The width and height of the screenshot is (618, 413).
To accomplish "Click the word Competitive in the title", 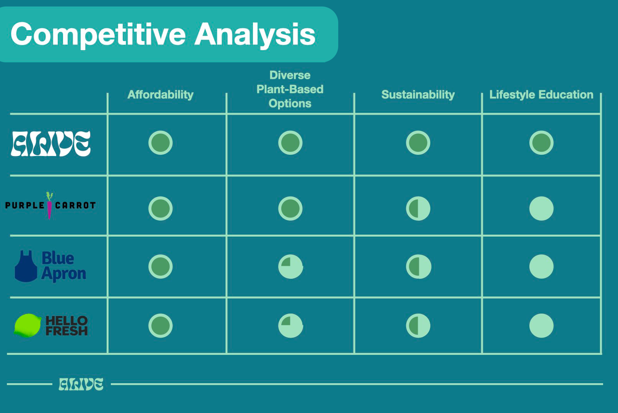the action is [98, 34].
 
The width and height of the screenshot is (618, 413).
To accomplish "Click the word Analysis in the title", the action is [255, 34].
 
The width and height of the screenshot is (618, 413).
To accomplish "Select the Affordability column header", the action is [160, 95].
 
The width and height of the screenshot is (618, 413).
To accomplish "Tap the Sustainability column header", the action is [418, 95].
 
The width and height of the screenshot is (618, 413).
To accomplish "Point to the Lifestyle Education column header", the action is [541, 95].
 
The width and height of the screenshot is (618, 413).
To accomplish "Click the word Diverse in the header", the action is [290, 75].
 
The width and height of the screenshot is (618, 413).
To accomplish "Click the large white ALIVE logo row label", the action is [51, 143].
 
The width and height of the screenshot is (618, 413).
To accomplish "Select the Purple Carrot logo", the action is [50, 205].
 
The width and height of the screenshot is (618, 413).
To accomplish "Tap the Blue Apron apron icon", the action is [26, 266].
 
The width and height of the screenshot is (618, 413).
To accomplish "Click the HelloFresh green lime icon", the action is [28, 325].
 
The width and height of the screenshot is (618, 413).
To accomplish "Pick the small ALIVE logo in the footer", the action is [81, 384].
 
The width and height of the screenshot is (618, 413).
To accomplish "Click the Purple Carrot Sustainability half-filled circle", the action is [418, 208].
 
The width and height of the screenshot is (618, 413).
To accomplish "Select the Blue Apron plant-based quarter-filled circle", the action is [290, 267].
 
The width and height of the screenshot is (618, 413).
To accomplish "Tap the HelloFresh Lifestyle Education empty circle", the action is [541, 325].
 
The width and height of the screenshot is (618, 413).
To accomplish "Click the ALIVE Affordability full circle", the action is [160, 143].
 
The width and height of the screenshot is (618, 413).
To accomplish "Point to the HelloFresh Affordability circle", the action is [160, 325].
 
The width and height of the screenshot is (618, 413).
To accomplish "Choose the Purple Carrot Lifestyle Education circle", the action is [541, 208].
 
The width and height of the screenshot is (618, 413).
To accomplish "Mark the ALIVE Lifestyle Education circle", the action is [541, 143].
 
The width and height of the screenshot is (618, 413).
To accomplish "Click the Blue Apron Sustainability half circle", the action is [418, 267].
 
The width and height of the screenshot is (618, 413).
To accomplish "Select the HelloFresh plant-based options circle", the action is [290, 325].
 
